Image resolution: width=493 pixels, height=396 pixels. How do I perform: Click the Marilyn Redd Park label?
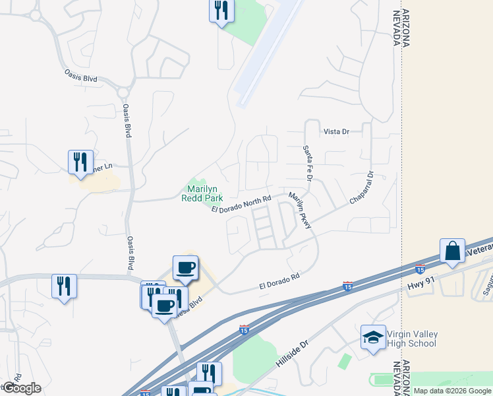pos(201,193)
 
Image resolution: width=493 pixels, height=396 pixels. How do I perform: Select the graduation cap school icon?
pos(373,337)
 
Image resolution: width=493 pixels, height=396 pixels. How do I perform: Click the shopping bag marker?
pos(452,251)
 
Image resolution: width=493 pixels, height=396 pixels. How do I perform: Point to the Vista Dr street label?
pos(335,132)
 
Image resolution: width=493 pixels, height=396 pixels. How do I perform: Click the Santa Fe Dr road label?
pos(306,164)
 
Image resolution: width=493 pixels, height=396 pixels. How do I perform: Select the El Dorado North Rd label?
pos(241,204)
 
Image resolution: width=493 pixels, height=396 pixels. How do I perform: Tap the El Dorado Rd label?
pos(279,284)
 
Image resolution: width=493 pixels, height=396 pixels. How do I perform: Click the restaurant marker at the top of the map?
pos(221,10)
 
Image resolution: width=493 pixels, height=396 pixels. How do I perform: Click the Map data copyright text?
pos(453,391)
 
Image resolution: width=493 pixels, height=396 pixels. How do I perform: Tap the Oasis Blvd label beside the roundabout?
pos(80,77)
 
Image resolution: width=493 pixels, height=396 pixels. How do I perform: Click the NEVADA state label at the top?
pos(397,28)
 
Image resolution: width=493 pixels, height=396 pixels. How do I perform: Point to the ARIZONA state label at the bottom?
pos(406,375)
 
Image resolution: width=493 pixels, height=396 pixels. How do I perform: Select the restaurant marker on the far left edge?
pos(64,286)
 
